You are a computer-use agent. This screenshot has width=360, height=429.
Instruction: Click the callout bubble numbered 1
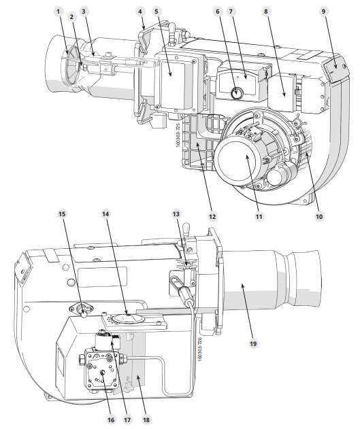click(58, 12)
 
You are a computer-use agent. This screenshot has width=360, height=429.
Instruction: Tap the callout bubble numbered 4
click(140, 12)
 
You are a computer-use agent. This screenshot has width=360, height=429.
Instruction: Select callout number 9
click(323, 12)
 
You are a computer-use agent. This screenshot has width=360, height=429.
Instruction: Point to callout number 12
click(212, 216)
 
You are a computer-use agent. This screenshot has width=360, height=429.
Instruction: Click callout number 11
click(259, 216)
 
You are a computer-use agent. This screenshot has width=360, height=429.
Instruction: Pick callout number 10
click(319, 216)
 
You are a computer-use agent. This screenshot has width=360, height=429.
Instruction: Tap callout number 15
click(63, 213)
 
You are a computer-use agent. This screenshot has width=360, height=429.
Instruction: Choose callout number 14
click(105, 213)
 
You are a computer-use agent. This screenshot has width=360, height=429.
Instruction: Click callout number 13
click(176, 213)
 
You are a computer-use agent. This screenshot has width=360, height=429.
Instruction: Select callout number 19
click(253, 343)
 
